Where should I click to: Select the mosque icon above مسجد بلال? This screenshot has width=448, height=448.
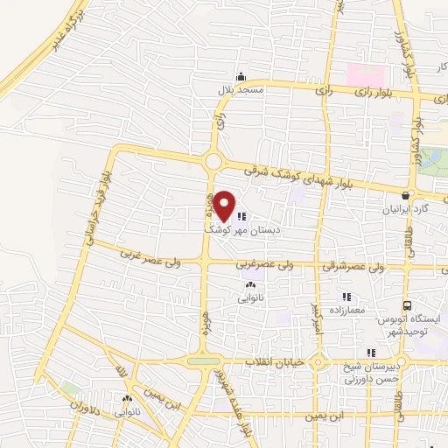tap(241, 77)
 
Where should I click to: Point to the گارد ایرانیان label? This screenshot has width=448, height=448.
tap(404, 210)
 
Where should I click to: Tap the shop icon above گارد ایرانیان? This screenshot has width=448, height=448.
tap(405, 196)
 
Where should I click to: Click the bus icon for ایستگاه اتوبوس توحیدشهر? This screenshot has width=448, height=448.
tap(407, 305)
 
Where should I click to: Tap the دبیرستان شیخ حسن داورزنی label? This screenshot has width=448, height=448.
tap(371, 373)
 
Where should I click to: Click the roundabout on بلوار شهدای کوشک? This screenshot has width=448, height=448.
tap(213, 162)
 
